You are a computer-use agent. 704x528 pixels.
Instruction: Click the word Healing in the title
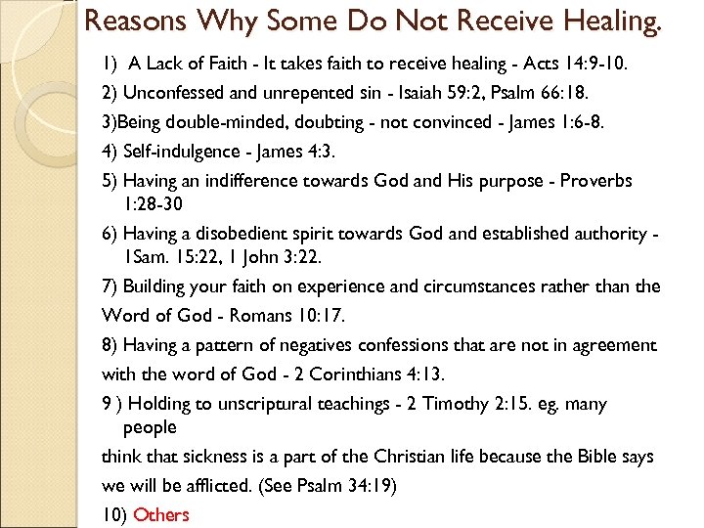tap(610, 22)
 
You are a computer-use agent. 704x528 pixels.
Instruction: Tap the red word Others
tap(161, 514)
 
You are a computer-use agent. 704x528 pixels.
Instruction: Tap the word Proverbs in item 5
tap(599, 182)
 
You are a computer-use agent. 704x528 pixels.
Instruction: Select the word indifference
tap(254, 182)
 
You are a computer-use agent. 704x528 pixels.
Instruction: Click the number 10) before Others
tap(113, 514)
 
